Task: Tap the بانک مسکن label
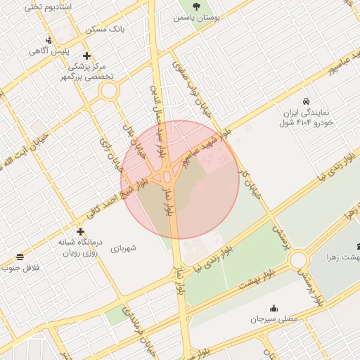[105, 30]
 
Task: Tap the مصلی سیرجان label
[274, 319]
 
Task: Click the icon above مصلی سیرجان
[274, 308]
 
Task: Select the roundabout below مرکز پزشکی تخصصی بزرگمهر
[108, 90]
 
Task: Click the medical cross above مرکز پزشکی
[86, 56]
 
